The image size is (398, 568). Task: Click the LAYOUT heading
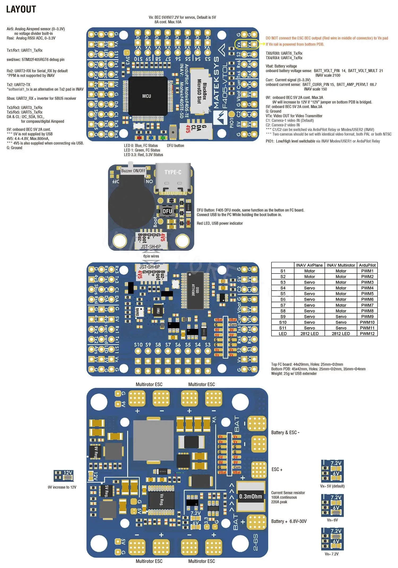(21, 9)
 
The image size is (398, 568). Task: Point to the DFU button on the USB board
(167, 211)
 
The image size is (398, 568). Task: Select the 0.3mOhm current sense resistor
(250, 496)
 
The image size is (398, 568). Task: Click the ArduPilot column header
(367, 265)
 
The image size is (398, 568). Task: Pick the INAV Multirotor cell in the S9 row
(341, 317)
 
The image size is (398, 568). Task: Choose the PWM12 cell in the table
(367, 334)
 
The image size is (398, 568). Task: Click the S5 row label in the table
(283, 294)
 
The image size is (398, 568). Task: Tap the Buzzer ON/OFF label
(133, 171)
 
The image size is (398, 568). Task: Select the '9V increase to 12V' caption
(62, 487)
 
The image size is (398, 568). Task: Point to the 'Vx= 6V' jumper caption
(332, 520)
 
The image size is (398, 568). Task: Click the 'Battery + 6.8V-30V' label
(289, 521)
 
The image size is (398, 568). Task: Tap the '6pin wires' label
(151, 256)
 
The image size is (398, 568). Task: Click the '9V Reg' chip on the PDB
(96, 452)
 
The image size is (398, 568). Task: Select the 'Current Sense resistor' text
(288, 493)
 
